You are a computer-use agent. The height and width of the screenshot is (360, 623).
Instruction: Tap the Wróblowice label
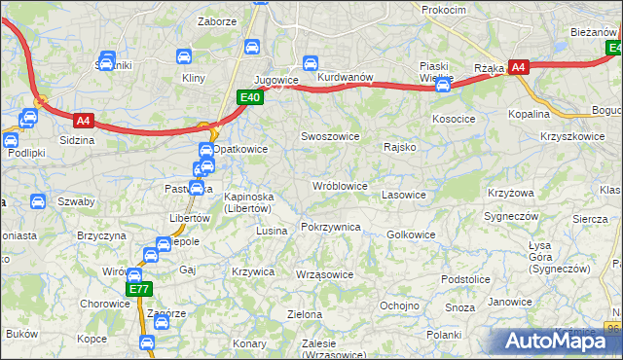[339, 185]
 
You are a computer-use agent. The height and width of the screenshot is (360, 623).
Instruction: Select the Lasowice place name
[404, 195]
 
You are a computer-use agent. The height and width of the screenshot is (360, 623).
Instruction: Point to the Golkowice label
[411, 234]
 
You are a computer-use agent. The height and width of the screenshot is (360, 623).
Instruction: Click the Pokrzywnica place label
[331, 227]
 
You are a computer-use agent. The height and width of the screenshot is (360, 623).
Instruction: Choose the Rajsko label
[400, 148]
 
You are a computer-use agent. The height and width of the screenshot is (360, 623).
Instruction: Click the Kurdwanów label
[346, 77]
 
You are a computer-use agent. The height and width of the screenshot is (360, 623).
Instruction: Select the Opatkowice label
[240, 149]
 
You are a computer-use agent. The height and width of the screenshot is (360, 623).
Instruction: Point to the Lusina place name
[272, 231]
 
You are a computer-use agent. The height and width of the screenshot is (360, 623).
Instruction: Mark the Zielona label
[305, 314]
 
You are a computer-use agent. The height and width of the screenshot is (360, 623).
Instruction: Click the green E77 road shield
[139, 289]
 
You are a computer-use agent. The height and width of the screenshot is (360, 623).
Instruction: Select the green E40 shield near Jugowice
[250, 96]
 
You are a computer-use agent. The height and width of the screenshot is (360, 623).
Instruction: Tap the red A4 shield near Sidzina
[84, 121]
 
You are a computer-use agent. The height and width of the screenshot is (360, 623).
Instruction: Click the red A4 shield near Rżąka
[519, 67]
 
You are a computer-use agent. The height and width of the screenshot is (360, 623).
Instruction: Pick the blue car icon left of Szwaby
[37, 202]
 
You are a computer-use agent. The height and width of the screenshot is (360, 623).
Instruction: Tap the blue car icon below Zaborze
[252, 46]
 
